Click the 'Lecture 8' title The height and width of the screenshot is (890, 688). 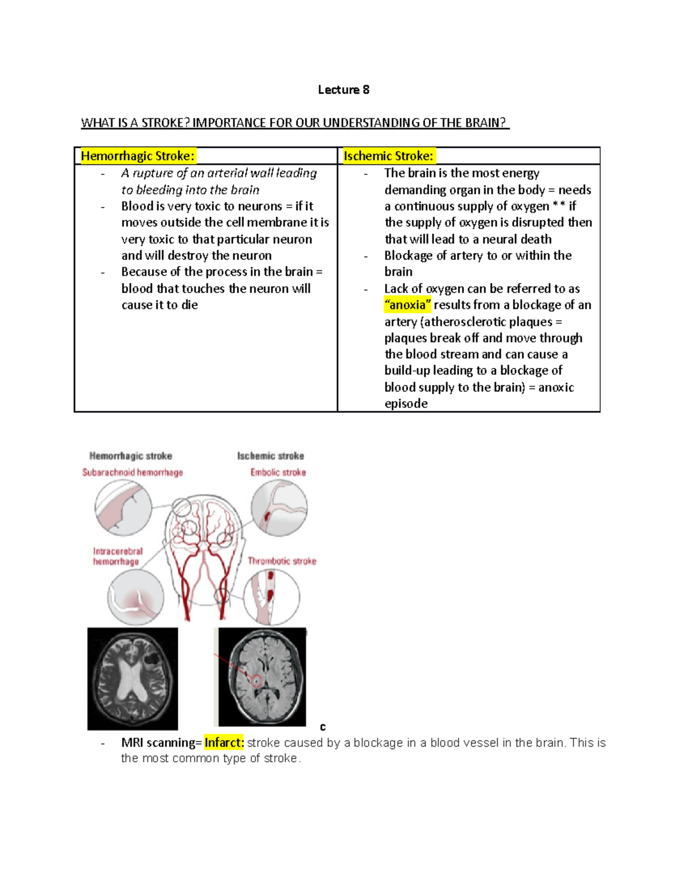(343, 90)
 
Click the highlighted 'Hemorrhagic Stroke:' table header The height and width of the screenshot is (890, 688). (138, 156)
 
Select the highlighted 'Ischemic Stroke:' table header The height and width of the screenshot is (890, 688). (388, 156)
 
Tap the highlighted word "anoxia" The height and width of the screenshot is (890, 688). (408, 305)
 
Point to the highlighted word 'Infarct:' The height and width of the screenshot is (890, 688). (224, 743)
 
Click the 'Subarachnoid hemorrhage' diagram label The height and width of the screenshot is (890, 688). (132, 472)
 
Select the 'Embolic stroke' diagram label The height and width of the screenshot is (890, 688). (278, 472)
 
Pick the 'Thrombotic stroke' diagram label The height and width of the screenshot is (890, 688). (282, 561)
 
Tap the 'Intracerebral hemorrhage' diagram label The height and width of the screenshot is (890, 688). (118, 556)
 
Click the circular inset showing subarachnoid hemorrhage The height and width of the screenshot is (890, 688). (123, 508)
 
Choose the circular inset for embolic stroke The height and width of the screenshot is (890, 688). (279, 508)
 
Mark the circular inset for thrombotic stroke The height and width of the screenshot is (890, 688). (272, 597)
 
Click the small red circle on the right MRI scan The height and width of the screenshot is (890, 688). (257, 681)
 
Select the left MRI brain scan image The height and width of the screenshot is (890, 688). (132, 679)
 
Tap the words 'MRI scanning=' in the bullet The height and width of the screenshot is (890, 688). (161, 743)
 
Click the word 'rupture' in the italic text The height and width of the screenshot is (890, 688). (153, 173)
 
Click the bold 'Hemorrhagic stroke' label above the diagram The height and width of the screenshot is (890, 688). (131, 456)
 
